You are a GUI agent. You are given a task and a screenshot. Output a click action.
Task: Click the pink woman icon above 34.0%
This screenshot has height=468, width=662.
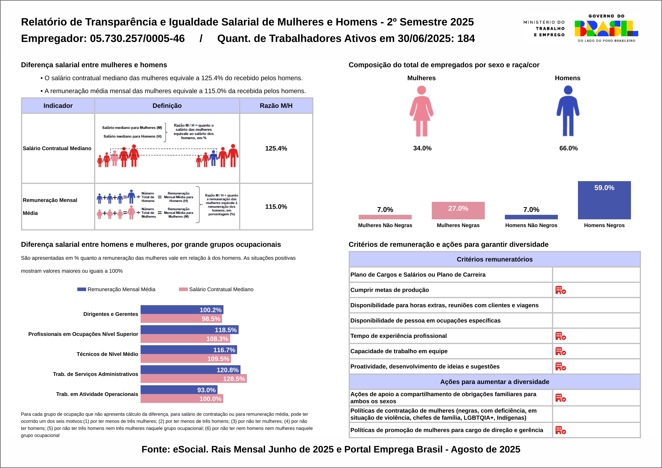(421, 111)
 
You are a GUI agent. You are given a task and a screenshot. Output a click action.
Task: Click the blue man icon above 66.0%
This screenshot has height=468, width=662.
(568, 111)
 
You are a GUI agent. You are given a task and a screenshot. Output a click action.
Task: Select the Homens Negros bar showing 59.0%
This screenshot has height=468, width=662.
(604, 200)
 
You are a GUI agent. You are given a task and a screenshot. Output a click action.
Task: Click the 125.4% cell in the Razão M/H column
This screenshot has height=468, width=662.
(276, 148)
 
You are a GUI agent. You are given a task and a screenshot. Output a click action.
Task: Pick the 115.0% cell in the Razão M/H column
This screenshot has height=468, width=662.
(276, 207)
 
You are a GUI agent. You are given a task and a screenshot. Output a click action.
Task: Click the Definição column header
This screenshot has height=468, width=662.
(167, 106)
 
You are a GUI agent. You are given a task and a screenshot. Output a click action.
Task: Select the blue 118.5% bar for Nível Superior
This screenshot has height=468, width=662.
(189, 330)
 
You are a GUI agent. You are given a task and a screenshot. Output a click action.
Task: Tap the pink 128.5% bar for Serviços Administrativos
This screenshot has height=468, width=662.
(193, 379)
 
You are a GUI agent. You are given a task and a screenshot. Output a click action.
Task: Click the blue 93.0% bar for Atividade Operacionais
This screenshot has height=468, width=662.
(179, 390)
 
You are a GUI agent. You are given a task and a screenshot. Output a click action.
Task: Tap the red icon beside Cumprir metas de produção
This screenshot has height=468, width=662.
(561, 290)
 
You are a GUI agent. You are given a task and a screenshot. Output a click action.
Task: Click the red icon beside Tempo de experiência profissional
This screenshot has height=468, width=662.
(561, 336)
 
